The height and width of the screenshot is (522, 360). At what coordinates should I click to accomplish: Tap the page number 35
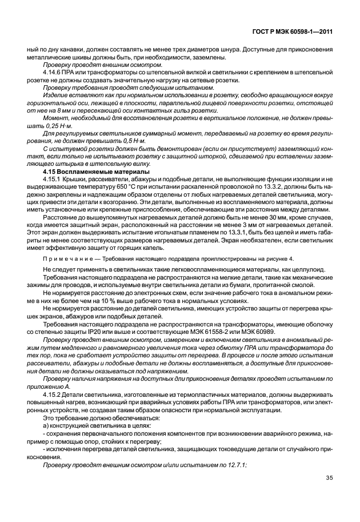pos(329,479)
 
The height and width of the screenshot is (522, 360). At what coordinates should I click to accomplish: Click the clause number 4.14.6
pos(52,74)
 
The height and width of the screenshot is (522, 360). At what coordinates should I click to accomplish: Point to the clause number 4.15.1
pos(52,179)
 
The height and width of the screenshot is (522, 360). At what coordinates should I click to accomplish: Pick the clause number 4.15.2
pos(52,395)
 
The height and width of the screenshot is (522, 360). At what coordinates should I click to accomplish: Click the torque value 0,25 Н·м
pos(51,126)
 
